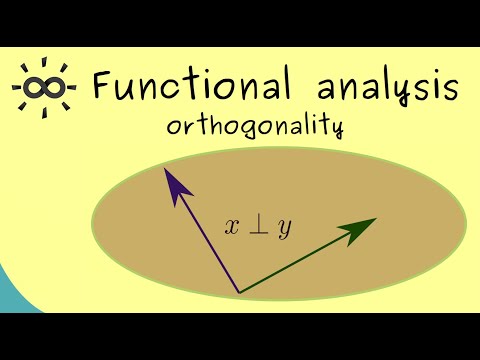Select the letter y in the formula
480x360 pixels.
click(285, 229)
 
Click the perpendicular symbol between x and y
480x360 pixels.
click(259, 226)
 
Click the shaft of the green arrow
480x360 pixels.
click(300, 259)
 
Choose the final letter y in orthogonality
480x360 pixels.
click(337, 128)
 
